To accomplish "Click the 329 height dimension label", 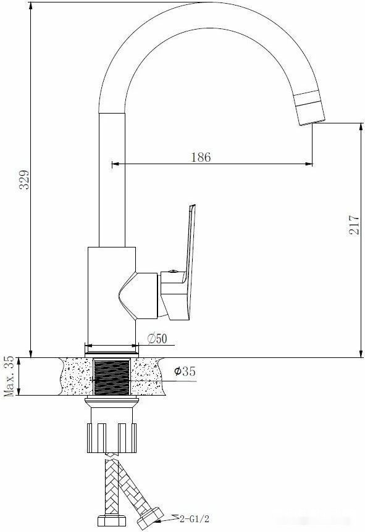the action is (x=25, y=180).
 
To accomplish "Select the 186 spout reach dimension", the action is (x=201, y=157).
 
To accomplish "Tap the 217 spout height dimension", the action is (x=353, y=224).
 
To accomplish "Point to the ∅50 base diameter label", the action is (x=157, y=338).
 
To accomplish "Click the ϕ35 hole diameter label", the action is (x=185, y=371).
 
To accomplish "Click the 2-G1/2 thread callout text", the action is (x=195, y=518).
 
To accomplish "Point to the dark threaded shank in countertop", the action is (x=112, y=377).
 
